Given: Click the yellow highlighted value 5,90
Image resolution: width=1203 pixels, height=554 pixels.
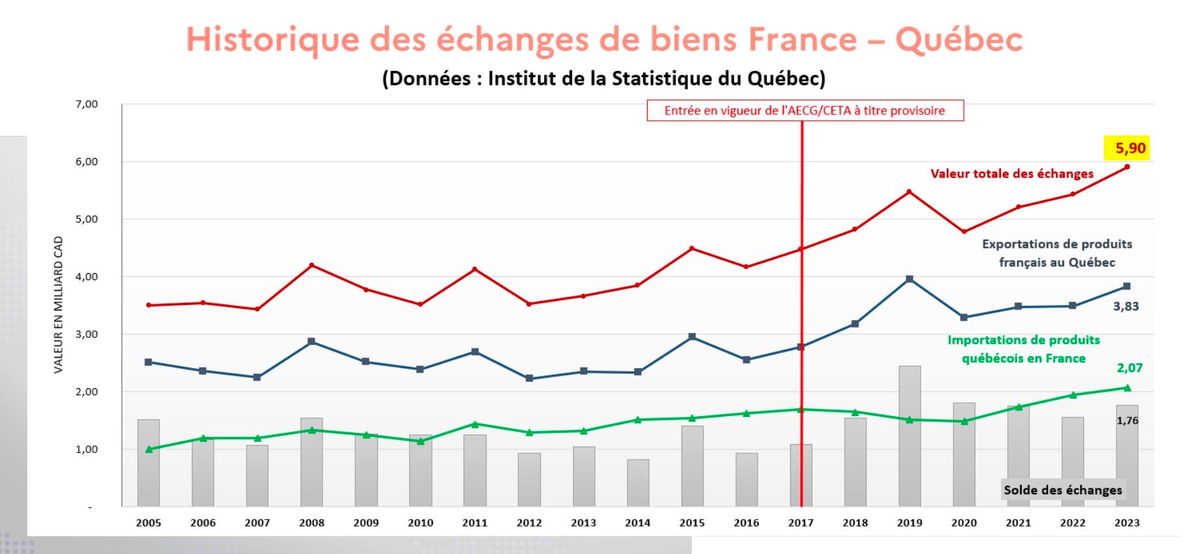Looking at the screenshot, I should tap(1130, 148).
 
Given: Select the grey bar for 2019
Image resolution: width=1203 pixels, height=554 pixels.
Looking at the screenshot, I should tap(909, 436).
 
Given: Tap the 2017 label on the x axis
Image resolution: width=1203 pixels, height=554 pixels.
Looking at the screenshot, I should tap(800, 523).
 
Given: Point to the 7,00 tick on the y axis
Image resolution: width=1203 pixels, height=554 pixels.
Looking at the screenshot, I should tap(86, 104).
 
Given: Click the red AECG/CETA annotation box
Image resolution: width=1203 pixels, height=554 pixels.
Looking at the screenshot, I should tap(804, 111).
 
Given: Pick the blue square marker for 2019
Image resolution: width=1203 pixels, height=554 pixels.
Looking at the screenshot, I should tap(909, 279).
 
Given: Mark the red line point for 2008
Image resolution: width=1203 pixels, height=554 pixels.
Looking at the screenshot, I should tap(312, 265).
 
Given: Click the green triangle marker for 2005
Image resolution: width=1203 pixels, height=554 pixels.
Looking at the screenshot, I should tap(149, 449).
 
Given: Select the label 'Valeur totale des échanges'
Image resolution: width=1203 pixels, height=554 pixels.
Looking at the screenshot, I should tap(1011, 174).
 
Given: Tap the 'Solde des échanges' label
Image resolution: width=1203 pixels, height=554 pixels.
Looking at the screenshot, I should tap(1063, 490).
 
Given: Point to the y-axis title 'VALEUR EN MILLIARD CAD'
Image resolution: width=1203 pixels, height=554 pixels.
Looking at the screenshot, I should tap(59, 304).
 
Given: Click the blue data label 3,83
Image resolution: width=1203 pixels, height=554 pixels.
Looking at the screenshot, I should tap(1126, 306).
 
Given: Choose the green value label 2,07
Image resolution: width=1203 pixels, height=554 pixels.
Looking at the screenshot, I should tap(1130, 368).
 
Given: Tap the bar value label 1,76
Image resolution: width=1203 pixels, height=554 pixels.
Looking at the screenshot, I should tap(1127, 421).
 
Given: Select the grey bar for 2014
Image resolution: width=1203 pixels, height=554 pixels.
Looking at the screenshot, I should tap(638, 482).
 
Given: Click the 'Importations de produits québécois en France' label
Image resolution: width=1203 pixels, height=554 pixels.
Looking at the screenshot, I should tap(1024, 349).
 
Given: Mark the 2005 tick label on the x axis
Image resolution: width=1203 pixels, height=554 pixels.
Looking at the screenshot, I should tap(148, 523).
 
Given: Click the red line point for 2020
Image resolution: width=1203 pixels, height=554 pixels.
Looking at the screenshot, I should tap(964, 231).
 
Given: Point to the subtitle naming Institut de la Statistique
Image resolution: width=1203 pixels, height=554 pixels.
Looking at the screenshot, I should tap(603, 79).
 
